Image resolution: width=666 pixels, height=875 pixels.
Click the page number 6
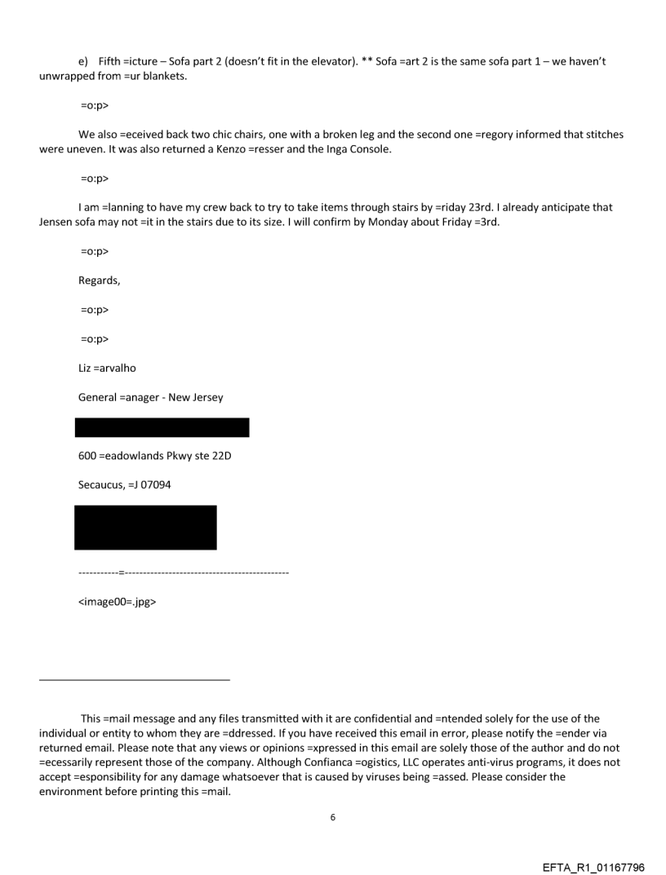coord(332,817)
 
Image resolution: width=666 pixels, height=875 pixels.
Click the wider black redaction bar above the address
coord(162,427)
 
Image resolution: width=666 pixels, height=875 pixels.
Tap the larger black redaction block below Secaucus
coord(145,527)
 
